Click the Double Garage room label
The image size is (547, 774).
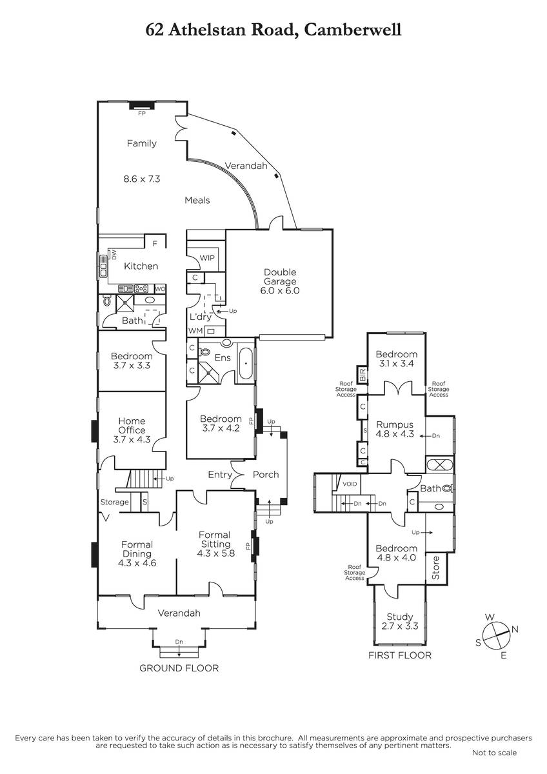pyautogui.click(x=280, y=277)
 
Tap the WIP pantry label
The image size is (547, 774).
pyautogui.click(x=207, y=258)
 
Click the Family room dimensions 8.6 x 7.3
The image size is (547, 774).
pyautogui.click(x=142, y=179)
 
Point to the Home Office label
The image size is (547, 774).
pyautogui.click(x=132, y=425)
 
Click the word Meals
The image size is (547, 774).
pyautogui.click(x=197, y=200)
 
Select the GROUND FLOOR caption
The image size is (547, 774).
pyautogui.click(x=179, y=668)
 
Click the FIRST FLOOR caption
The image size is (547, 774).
pyautogui.click(x=400, y=655)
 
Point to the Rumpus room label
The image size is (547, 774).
pyautogui.click(x=395, y=424)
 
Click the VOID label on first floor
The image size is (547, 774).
pyautogui.click(x=350, y=484)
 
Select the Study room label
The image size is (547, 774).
pyautogui.click(x=400, y=617)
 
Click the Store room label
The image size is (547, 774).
pyautogui.click(x=436, y=568)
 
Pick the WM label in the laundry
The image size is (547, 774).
pyautogui.click(x=195, y=331)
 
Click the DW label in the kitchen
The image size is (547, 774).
pyautogui.click(x=114, y=255)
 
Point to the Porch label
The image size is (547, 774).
pyautogui.click(x=266, y=475)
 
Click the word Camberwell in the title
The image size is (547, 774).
pyautogui.click(x=353, y=30)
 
